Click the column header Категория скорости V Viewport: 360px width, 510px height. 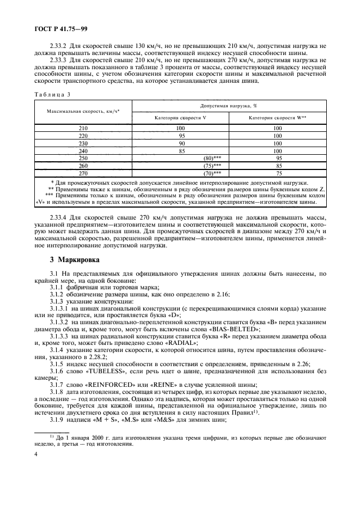[x=180, y=117]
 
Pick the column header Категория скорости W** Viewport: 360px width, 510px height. [x=277, y=117]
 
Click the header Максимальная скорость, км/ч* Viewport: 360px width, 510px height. [x=83, y=111]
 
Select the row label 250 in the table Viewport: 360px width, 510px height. [x=83, y=157]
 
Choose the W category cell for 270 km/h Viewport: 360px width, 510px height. [x=278, y=172]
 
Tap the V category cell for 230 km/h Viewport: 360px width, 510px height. [x=180, y=143]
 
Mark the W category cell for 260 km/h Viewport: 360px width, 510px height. [x=278, y=165]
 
